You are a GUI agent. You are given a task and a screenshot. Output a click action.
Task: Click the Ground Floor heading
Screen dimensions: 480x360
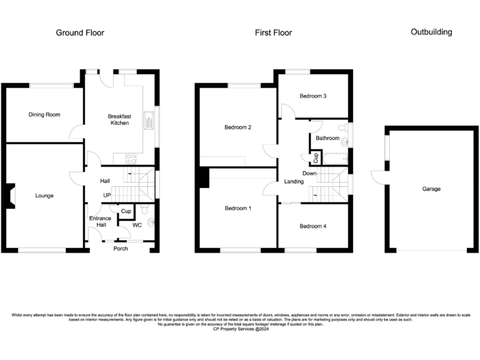coord(80,32)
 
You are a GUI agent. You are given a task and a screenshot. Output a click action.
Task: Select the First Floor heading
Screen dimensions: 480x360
coord(273,32)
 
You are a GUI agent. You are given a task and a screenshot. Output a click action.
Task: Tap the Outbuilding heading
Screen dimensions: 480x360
coord(431,32)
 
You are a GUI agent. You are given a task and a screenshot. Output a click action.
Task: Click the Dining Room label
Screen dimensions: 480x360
coord(44,114)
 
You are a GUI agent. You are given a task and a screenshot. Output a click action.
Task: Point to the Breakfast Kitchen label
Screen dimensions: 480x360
coord(119,119)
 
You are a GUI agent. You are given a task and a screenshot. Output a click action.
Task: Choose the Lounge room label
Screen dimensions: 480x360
coord(44,196)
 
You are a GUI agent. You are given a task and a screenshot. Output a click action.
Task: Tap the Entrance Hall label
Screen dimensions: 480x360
coord(100,221)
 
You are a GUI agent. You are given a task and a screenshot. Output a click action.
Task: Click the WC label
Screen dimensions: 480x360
coord(136,224)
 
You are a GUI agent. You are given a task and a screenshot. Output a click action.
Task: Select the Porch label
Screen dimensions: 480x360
coord(121,248)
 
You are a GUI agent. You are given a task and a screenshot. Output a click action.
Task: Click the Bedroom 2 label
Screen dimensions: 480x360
coord(237,127)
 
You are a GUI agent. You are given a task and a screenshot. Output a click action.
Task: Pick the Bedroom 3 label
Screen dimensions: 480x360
coord(312,96)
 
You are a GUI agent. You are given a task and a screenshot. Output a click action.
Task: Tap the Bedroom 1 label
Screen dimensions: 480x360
coord(237,208)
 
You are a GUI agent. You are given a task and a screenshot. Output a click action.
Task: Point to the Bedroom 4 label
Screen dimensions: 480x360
coord(312,226)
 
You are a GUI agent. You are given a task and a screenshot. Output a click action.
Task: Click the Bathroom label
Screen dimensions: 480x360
coord(327,138)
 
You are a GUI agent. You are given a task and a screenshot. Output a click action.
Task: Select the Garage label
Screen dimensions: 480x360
coord(431,189)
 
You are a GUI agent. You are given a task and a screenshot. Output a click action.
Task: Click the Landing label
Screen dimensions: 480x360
coord(294,182)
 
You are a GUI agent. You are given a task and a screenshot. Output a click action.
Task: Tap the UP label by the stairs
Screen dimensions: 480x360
coord(107,196)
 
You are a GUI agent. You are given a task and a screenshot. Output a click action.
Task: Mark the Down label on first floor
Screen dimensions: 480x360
coord(309,173)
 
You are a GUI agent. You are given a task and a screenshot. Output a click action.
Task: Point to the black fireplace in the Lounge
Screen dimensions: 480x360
coord(11,194)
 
